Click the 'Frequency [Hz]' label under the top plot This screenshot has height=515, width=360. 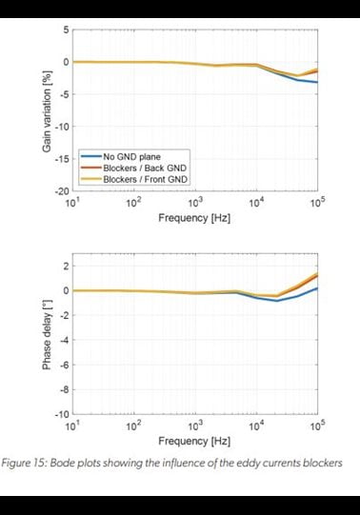pos(194,217)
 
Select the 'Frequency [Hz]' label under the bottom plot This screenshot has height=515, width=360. pos(194,441)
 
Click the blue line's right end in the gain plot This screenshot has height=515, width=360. pos(317,82)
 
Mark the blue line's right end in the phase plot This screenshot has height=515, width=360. pos(317,287)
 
